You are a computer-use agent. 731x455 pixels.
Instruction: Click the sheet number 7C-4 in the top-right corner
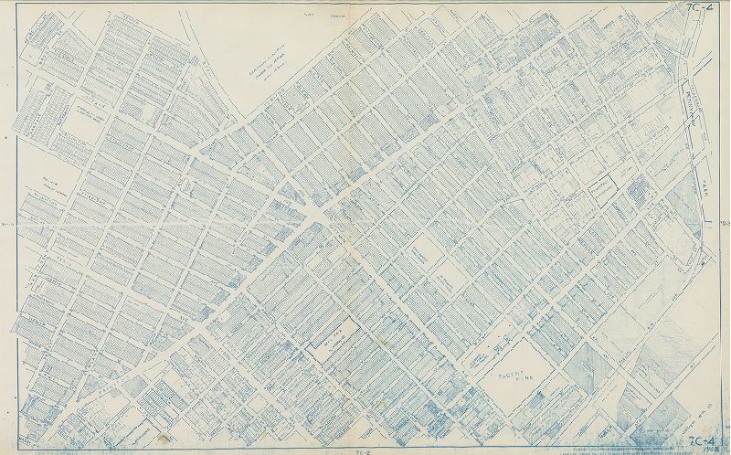pos(705,9)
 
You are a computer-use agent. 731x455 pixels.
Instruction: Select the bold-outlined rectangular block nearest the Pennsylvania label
pos(601,187)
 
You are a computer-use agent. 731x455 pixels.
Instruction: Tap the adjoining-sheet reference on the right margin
pos(723,224)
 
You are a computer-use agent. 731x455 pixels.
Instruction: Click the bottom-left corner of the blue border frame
pos(16,444)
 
